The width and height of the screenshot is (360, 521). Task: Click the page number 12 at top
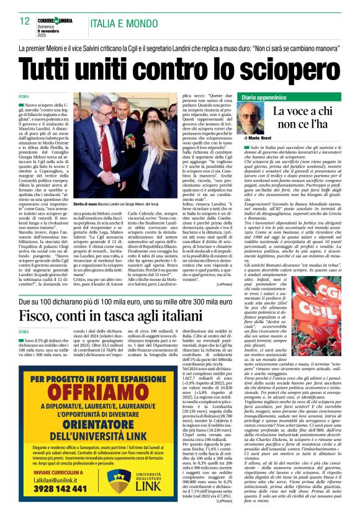(x=25, y=21)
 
